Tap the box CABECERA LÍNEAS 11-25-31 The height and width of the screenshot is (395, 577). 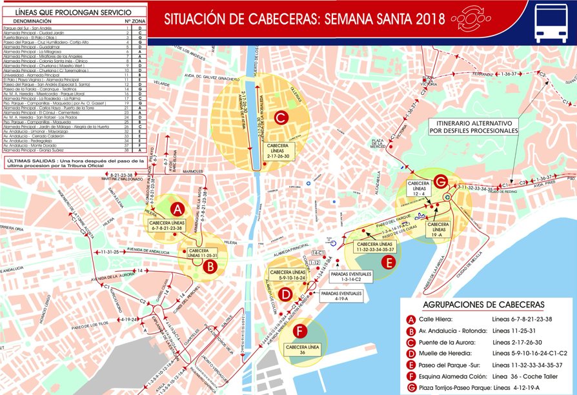206,253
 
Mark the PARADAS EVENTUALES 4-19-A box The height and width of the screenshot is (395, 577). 341,296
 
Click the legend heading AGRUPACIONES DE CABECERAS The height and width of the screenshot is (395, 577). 484,304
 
